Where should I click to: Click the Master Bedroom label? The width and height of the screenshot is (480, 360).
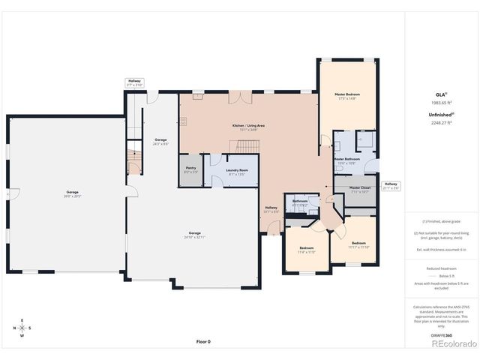pyautogui.click(x=346, y=96)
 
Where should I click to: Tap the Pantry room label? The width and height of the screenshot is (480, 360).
pyautogui.click(x=190, y=170)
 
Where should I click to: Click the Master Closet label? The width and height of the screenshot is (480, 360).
pyautogui.click(x=360, y=189)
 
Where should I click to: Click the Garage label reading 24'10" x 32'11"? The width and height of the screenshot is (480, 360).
pyautogui.click(x=194, y=234)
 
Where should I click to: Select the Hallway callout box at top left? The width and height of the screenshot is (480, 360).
pyautogui.click(x=134, y=82)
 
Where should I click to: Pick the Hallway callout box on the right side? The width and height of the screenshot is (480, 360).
pyautogui.click(x=391, y=185)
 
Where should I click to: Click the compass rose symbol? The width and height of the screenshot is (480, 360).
pyautogui.click(x=22, y=328)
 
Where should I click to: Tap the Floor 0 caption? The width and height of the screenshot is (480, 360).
pyautogui.click(x=203, y=341)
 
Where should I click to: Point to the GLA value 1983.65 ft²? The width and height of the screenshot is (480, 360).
pyautogui.click(x=442, y=102)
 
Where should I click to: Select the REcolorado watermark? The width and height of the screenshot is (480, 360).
pyautogui.click(x=453, y=345)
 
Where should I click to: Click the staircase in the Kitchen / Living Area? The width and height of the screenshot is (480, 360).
pyautogui.click(x=248, y=145)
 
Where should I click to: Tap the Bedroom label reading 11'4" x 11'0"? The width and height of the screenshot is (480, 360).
pyautogui.click(x=306, y=250)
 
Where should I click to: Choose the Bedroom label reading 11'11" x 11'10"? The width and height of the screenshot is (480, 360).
pyautogui.click(x=358, y=244)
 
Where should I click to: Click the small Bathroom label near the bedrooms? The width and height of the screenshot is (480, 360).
pyautogui.click(x=300, y=202)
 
